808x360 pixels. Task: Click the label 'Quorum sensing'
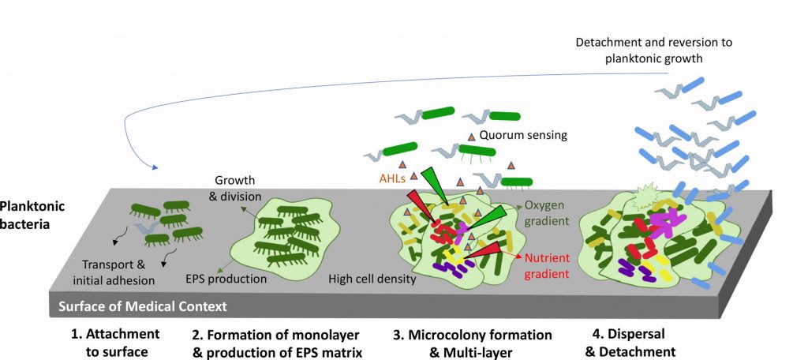click(x=523, y=135)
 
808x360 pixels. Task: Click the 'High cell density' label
click(x=372, y=279)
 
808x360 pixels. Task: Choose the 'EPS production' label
click(x=226, y=279)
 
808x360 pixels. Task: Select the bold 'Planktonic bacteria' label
click(x=32, y=215)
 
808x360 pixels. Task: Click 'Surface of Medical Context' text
click(x=143, y=307)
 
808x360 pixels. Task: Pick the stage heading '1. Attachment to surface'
click(x=115, y=343)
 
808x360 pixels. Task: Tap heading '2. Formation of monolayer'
click(x=275, y=335)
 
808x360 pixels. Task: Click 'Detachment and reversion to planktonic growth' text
click(x=653, y=50)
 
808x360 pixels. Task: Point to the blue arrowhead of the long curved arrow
click(x=155, y=167)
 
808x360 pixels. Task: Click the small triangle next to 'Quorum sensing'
click(x=471, y=137)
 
